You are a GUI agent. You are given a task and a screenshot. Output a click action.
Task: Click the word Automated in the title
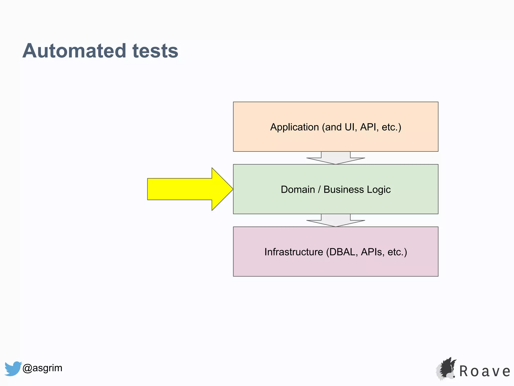point(74,51)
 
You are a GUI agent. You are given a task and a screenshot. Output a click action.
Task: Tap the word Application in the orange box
point(294,127)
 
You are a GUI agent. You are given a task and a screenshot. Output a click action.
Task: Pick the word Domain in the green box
point(298,189)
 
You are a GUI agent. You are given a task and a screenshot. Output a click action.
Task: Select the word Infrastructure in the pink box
point(294,252)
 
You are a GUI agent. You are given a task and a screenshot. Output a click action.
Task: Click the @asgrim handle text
point(42,368)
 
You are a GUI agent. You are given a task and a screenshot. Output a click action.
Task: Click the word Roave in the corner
point(485,371)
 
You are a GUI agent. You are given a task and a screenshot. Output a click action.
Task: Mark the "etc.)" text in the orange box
point(391,127)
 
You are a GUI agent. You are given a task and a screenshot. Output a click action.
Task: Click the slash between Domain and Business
point(319,189)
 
